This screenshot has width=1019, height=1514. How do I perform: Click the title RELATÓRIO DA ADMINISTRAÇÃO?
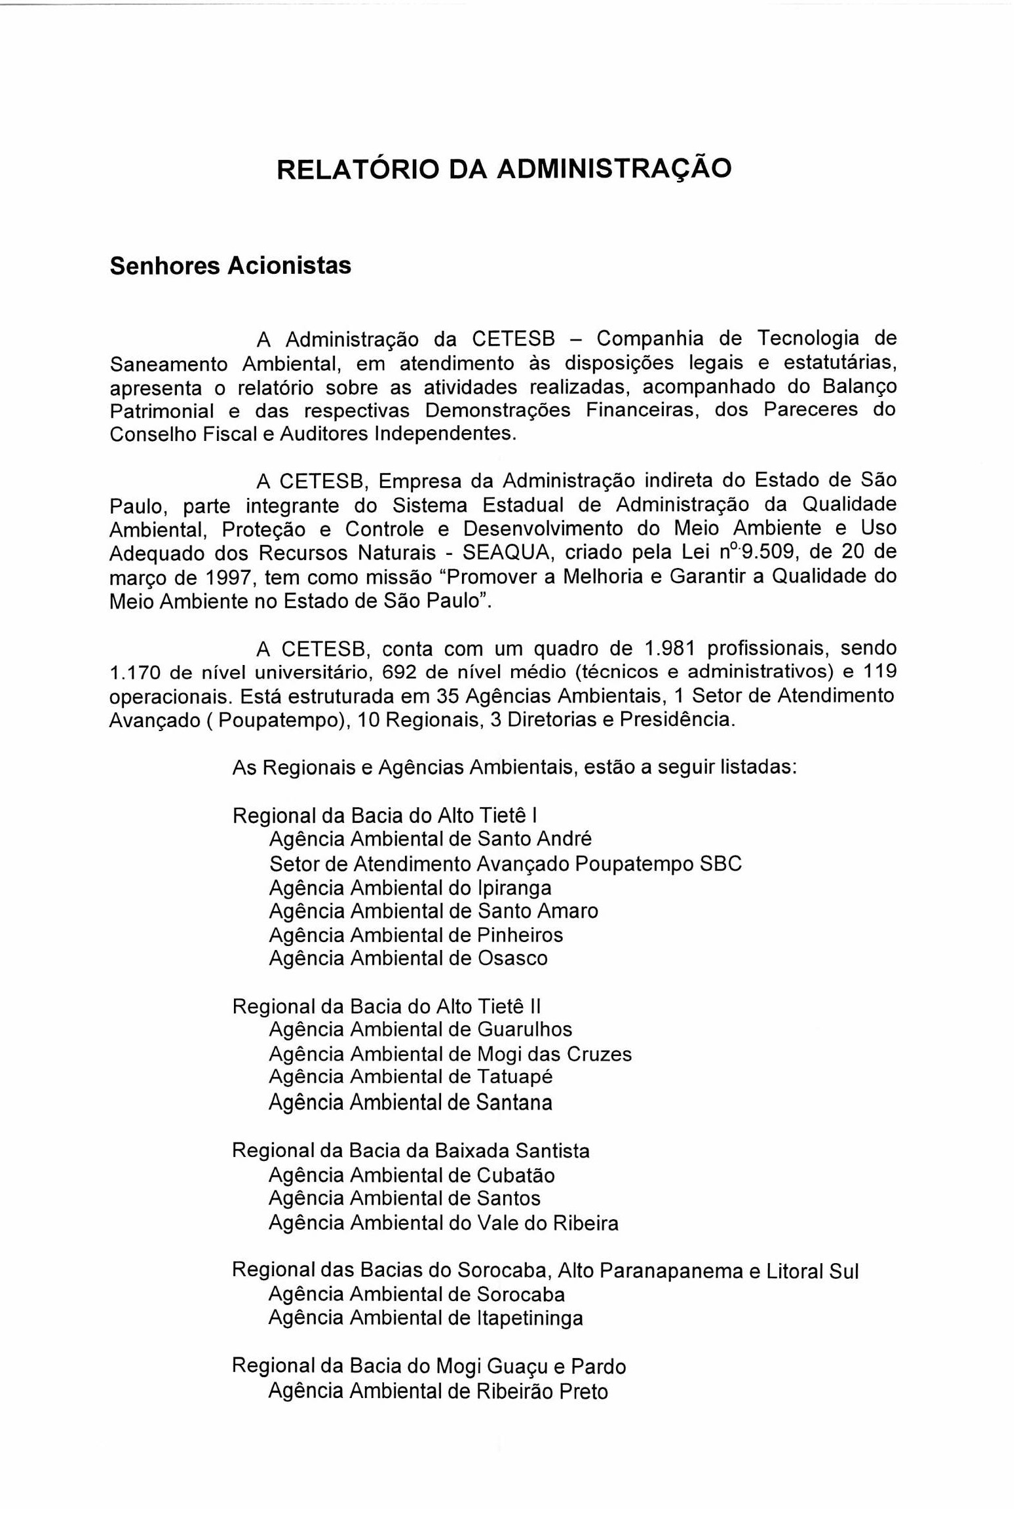click(503, 169)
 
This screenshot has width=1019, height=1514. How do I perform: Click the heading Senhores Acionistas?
click(230, 266)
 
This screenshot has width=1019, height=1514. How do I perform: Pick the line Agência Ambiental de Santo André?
click(431, 839)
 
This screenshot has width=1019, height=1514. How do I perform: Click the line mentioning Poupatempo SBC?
click(505, 864)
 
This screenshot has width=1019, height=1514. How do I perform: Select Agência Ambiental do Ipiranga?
click(410, 888)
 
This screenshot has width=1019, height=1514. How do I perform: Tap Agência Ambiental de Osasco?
click(408, 958)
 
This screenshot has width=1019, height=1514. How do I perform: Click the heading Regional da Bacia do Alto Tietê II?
click(387, 1006)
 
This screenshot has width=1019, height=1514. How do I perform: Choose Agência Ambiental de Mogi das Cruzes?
click(450, 1054)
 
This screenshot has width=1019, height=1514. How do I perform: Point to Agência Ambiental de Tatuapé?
click(411, 1078)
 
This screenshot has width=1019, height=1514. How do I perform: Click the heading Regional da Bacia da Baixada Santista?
click(411, 1151)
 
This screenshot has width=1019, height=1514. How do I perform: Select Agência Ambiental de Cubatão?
click(412, 1175)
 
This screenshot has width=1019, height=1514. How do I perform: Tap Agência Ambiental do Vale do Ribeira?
click(444, 1223)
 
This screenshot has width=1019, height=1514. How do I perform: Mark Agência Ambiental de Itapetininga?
click(426, 1318)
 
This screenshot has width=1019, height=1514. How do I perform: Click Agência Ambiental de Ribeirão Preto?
click(438, 1391)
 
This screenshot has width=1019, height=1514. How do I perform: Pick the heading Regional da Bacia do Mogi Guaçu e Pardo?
click(429, 1367)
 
